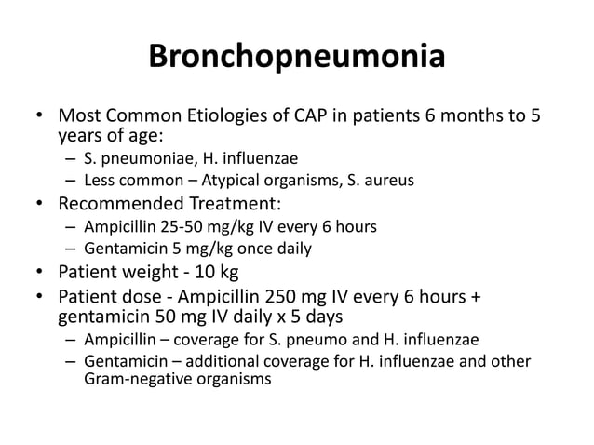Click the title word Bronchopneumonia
tap(296, 57)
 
